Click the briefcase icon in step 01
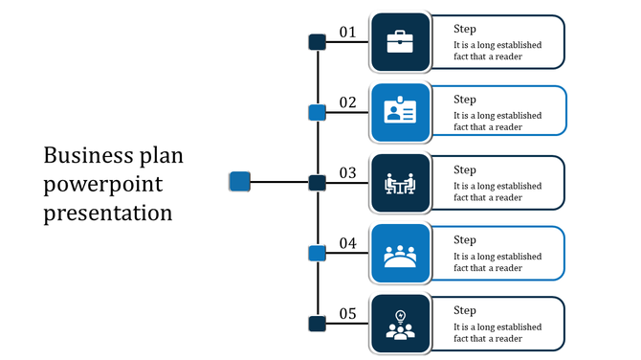tap(400, 42)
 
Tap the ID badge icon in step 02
tap(400, 112)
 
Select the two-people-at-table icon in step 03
tap(400, 183)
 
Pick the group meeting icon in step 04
tap(400, 255)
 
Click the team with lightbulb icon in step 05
tap(400, 325)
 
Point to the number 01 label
tap(347, 33)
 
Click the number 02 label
tap(347, 102)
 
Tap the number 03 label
tap(347, 173)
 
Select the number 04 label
tap(347, 244)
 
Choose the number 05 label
tap(347, 314)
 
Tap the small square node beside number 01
tap(317, 42)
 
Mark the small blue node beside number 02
tap(317, 113)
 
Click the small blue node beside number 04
tap(317, 254)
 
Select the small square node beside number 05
tap(317, 324)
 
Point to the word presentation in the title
tap(108, 212)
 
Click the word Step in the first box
tap(465, 29)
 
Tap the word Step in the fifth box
tap(465, 310)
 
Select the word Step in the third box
tap(465, 169)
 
